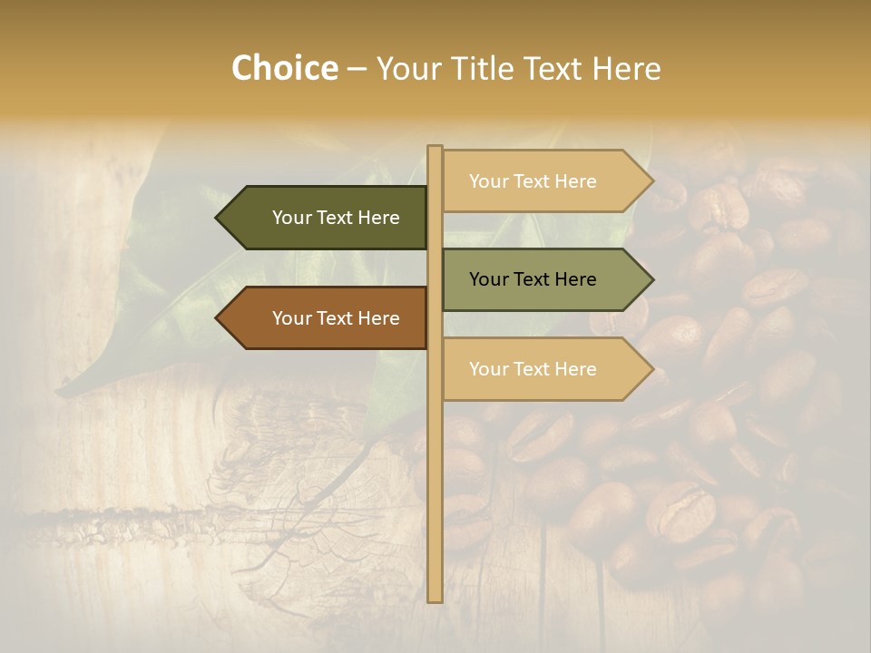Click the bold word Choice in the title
coord(285,69)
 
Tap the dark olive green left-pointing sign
coord(327,218)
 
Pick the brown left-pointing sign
coord(327,318)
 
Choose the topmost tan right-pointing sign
coord(540,181)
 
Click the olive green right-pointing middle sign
coord(540,279)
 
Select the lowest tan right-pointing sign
coord(540,369)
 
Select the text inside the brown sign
coord(336,318)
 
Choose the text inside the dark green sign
coord(336,218)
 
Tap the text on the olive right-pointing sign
coord(533,279)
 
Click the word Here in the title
coord(626,69)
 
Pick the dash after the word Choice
coord(357,70)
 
